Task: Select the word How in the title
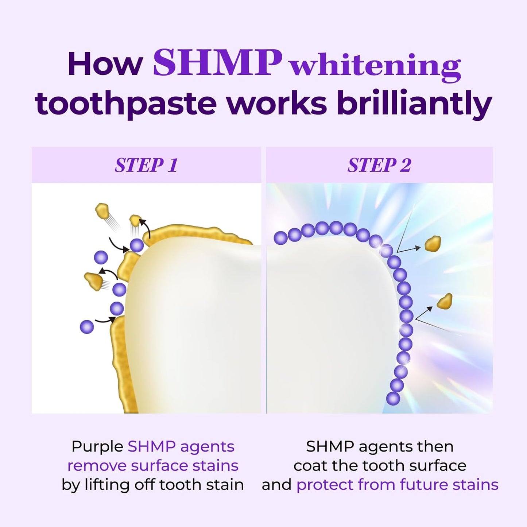[105, 64]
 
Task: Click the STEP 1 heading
[146, 165]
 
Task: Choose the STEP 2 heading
[379, 165]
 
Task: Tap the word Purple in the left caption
[97, 447]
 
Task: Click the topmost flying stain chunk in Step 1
[102, 210]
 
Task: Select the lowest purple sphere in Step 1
[87, 327]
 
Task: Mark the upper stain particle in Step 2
[433, 243]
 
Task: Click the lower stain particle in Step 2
[445, 301]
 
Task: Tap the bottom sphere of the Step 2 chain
[393, 398]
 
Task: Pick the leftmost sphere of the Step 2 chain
[280, 238]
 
